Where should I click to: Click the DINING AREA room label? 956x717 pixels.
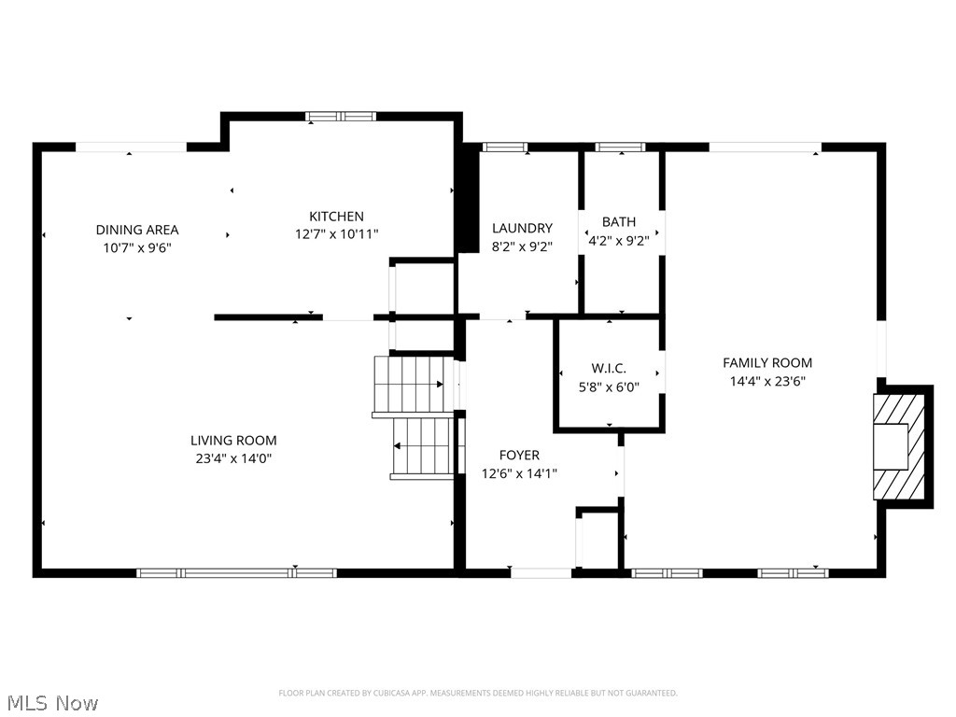tap(137, 230)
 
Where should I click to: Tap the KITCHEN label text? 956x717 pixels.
tap(336, 217)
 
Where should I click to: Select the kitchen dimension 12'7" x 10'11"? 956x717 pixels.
tap(336, 234)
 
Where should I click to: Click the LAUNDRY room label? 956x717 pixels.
tap(522, 228)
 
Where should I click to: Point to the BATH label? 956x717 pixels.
tap(618, 222)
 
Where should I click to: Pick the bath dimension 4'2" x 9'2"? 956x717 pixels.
tap(618, 240)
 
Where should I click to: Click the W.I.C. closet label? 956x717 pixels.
tap(609, 369)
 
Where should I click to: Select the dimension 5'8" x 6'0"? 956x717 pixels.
tap(609, 387)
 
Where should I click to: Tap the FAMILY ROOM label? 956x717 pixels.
tap(767, 362)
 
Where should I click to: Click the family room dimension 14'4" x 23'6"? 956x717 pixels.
tap(767, 381)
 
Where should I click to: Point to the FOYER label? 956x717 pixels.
tap(519, 455)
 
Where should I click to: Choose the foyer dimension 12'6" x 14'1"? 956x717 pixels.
tap(519, 473)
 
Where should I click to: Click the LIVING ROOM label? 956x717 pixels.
tap(233, 441)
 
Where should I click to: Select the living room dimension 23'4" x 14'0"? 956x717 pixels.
tap(233, 458)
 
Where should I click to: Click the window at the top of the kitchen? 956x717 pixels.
tap(341, 117)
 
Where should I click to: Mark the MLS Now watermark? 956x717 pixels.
tap(52, 702)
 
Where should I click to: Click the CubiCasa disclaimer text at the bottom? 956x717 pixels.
tap(478, 693)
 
